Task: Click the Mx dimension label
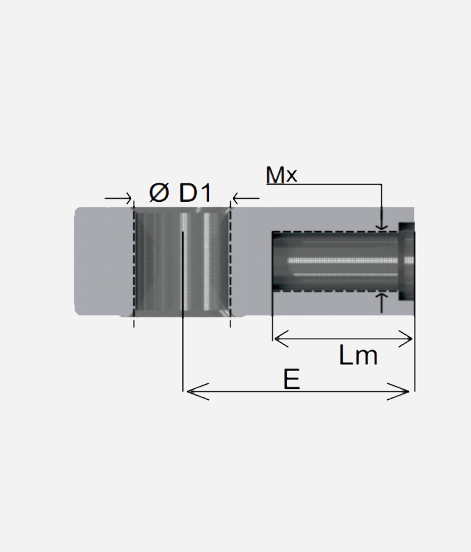(281, 175)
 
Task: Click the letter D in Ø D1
(188, 193)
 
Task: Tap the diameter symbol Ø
(159, 193)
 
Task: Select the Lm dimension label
(358, 355)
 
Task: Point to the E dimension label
(292, 379)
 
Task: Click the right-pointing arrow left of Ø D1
(118, 199)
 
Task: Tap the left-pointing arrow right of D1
(246, 199)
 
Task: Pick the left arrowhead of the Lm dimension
(281, 339)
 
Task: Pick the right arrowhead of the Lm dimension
(405, 339)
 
